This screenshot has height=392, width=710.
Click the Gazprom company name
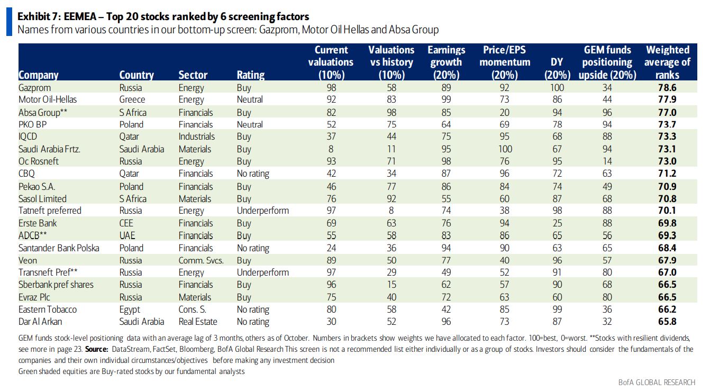tap(34, 88)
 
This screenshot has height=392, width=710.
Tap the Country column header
tap(136, 75)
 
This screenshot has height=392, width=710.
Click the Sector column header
tap(193, 75)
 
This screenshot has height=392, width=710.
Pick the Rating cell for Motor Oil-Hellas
tap(250, 99)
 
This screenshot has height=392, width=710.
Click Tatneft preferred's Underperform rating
tap(262, 211)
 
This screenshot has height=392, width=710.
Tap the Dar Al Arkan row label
tap(41, 322)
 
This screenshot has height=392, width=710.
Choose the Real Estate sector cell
tap(198, 322)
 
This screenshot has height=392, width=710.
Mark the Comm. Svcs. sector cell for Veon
tap(201, 260)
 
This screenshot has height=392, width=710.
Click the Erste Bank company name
tap(38, 223)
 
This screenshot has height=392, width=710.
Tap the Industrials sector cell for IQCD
tap(196, 136)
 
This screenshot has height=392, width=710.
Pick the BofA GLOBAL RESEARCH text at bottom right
tap(657, 382)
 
